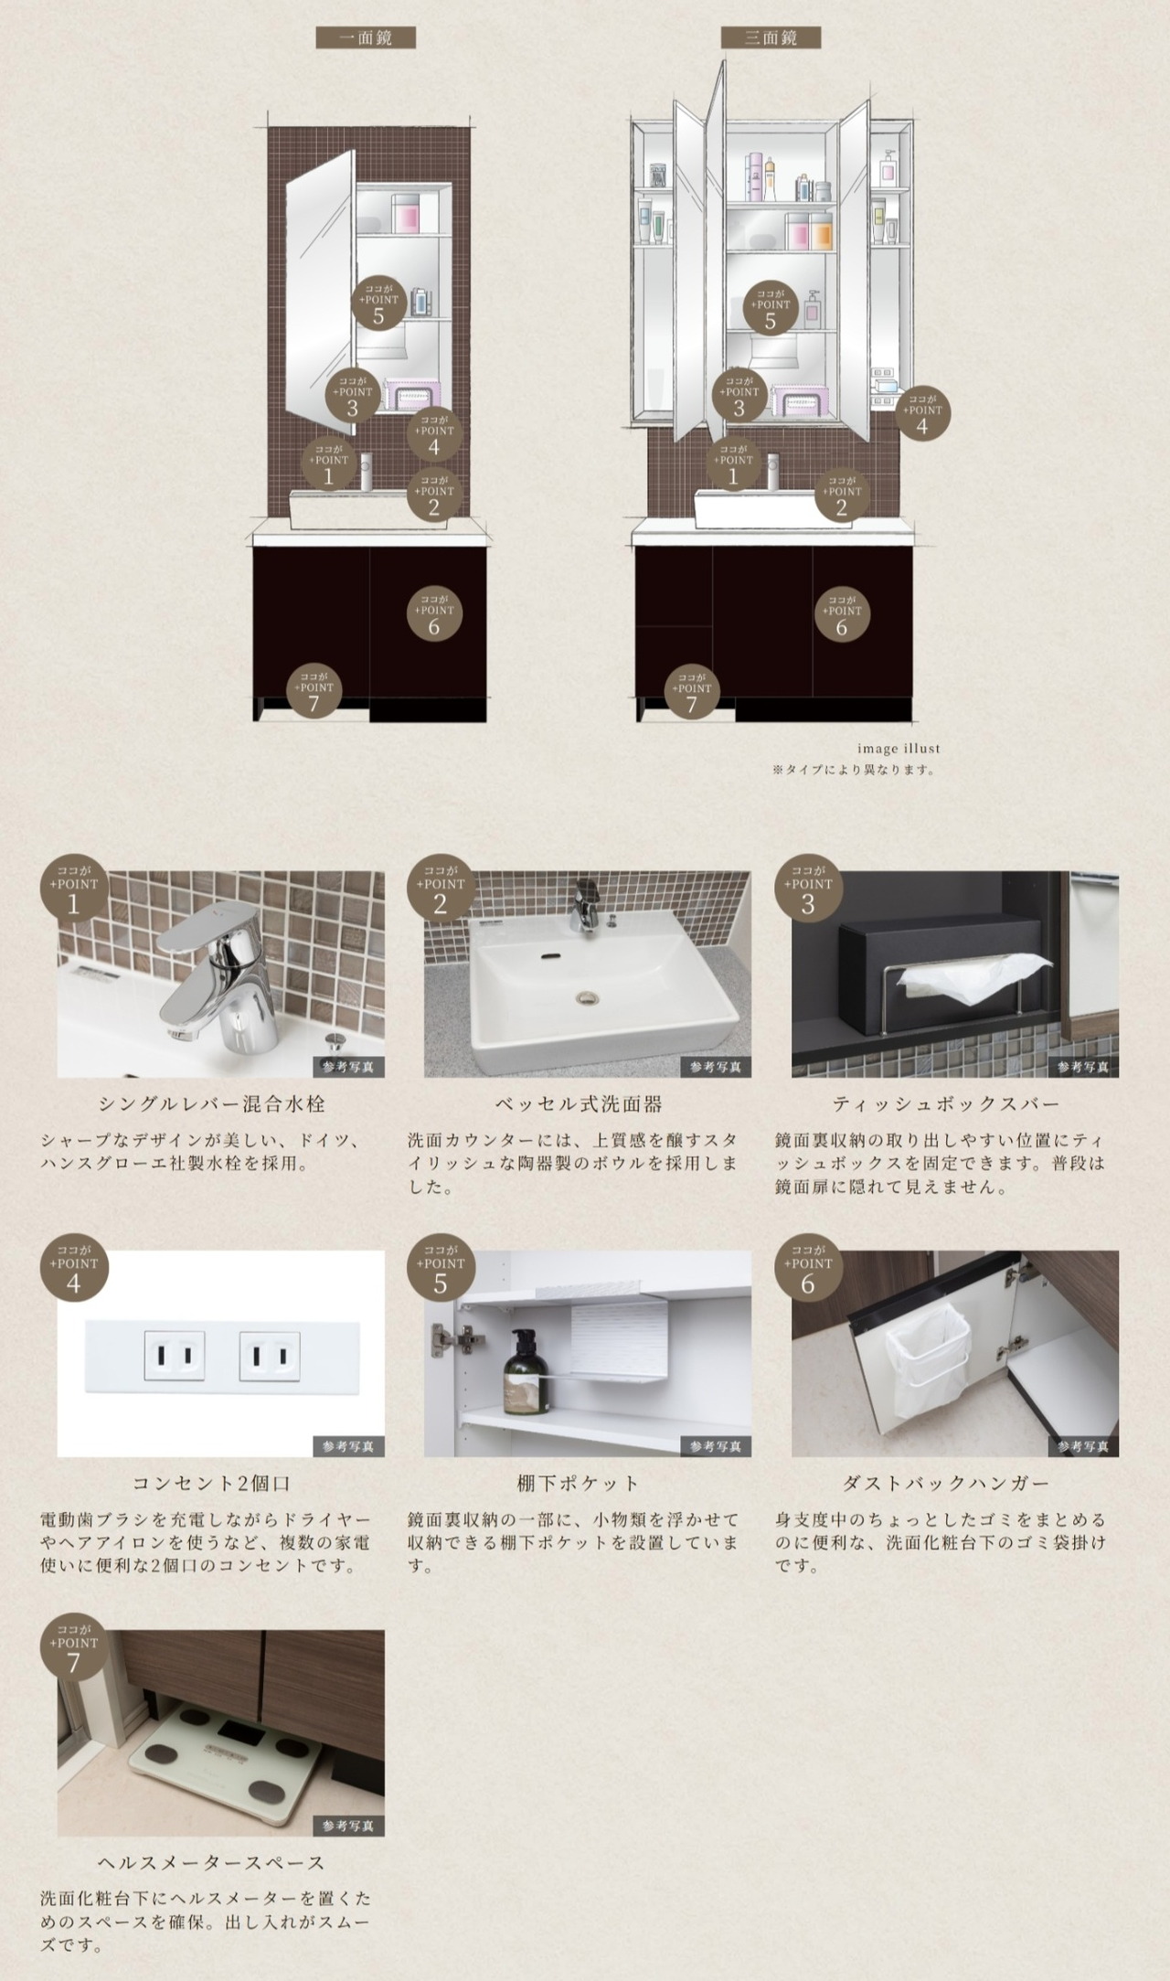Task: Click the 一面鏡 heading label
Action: click(x=366, y=37)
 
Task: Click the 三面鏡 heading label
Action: click(x=771, y=37)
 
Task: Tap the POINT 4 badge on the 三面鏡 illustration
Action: click(x=922, y=413)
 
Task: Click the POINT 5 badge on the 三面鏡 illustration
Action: click(x=771, y=308)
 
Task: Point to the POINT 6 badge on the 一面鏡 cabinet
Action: click(x=434, y=613)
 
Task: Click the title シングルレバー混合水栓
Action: click(x=212, y=1104)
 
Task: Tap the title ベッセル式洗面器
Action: click(x=579, y=1104)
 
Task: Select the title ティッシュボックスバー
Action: click(x=946, y=1104)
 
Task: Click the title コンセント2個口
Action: click(x=212, y=1484)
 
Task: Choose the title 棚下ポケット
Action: click(x=579, y=1484)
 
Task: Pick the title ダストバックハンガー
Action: click(x=946, y=1484)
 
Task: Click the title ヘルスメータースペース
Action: click(x=212, y=1863)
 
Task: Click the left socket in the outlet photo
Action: click(x=174, y=1355)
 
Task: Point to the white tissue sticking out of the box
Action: click(x=973, y=974)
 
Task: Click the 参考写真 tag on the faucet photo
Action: click(x=348, y=1067)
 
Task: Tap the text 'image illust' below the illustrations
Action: click(x=899, y=749)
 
